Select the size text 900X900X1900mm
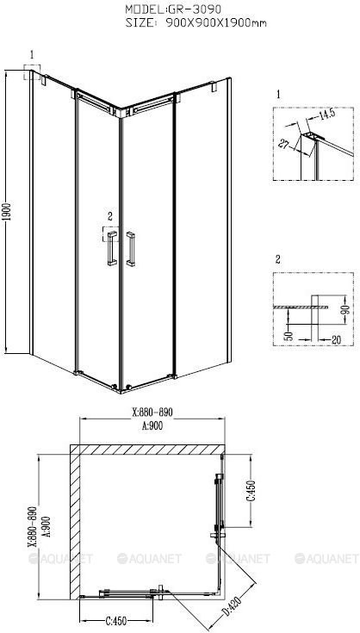pos(215,23)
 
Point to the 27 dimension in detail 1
pos(284,143)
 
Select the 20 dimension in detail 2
pos(335,340)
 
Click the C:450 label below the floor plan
pos(115,620)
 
